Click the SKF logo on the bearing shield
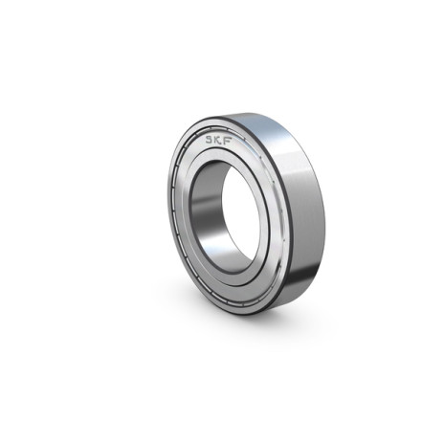click(219, 140)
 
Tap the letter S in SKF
click(210, 139)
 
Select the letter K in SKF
click(219, 140)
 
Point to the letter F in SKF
click(228, 142)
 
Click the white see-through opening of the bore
click(241, 213)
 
